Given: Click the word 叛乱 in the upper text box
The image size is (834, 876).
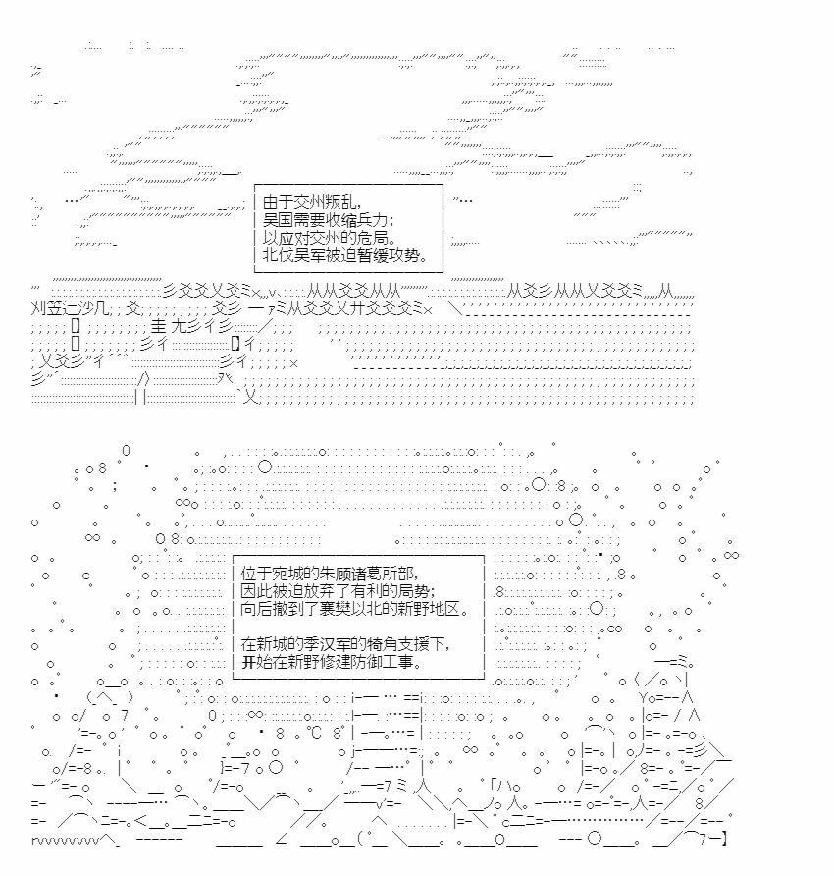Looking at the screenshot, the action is click(339, 203).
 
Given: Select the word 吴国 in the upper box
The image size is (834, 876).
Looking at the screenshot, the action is click(278, 221).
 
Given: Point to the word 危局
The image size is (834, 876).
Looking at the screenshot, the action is click(372, 239).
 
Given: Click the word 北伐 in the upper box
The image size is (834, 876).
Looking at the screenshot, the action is click(278, 256).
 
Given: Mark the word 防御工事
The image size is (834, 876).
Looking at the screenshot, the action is click(382, 662).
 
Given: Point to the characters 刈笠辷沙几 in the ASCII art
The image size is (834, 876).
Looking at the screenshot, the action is click(70, 308).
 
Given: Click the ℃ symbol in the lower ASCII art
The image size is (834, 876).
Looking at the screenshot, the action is click(315, 733).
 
